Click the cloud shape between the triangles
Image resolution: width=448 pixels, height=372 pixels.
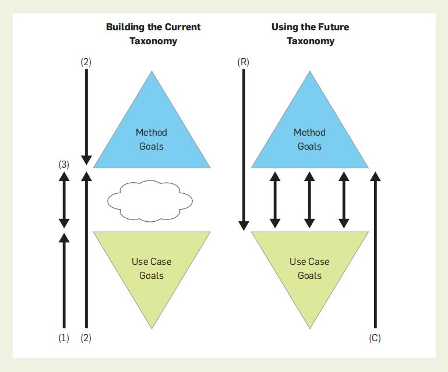pos(150,200)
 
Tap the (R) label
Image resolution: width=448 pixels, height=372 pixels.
pos(244,62)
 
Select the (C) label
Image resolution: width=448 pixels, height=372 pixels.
pos(375,338)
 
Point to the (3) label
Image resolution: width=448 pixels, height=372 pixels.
pos(64,164)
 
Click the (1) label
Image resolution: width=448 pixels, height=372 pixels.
pos(64,338)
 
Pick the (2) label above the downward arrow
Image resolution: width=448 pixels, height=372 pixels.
pos(86,62)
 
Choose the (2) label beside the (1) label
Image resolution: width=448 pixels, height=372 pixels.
pos(86,338)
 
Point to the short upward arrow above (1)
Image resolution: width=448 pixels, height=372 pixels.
pos(64,279)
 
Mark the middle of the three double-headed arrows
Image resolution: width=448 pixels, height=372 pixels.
pos(309,200)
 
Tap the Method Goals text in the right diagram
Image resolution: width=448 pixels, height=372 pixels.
pos(309,139)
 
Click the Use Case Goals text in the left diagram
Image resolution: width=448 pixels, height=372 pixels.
pos(151,268)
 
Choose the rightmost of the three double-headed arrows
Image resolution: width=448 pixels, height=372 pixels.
pos(344,200)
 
